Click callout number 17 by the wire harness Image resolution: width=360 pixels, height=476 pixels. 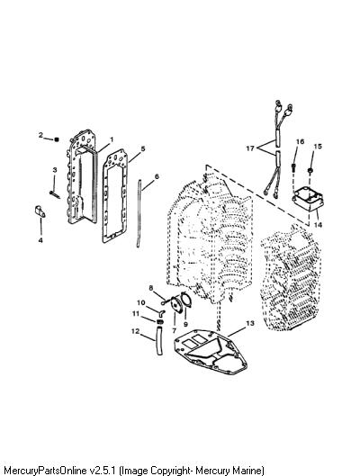click(x=250, y=148)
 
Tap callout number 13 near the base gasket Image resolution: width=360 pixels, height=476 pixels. click(x=250, y=323)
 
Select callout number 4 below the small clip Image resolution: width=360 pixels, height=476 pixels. click(x=40, y=240)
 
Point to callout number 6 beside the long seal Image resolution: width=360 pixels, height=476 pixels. click(x=157, y=176)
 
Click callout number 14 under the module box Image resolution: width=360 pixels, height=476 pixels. click(x=318, y=225)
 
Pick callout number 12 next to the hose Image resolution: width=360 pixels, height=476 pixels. click(x=135, y=331)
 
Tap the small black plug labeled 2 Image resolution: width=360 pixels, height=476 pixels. click(x=56, y=139)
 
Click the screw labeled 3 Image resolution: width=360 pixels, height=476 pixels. click(x=55, y=194)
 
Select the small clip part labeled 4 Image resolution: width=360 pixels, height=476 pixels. click(x=40, y=211)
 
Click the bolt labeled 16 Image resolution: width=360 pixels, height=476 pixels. click(x=293, y=167)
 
